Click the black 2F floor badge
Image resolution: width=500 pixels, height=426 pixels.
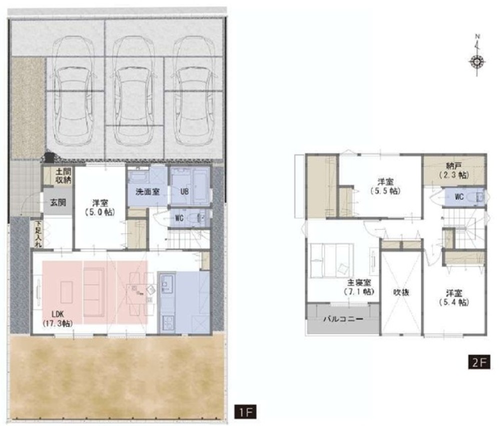click(479, 362)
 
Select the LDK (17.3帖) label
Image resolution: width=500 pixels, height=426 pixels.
click(57, 319)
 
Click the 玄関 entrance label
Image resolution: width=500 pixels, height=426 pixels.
click(58, 202)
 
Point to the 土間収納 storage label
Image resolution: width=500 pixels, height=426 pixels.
click(63, 175)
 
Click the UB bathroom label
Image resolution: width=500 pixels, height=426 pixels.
click(184, 191)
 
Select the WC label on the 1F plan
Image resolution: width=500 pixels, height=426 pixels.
click(179, 218)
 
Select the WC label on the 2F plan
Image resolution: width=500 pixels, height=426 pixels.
click(459, 196)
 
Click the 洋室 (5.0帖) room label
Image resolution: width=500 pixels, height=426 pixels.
click(100, 207)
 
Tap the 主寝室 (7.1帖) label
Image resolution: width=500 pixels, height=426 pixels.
click(358, 286)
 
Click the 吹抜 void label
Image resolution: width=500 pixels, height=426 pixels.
click(401, 292)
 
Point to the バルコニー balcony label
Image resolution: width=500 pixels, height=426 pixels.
click(343, 318)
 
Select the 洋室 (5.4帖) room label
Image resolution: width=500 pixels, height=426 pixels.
click(454, 297)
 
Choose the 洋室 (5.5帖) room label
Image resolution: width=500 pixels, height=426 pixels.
click(385, 186)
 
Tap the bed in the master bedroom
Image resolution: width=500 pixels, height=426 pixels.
click(332, 260)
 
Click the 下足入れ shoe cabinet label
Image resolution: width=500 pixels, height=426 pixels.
click(38, 234)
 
